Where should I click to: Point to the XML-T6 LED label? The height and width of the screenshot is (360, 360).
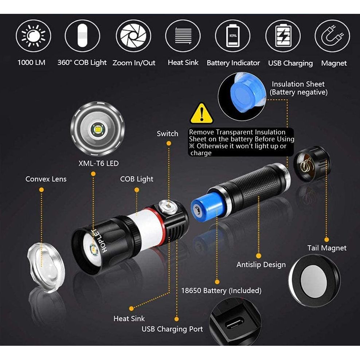[98, 163]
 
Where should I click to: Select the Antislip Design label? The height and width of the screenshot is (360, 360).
[261, 265]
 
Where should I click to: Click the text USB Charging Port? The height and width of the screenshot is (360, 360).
[172, 329]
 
